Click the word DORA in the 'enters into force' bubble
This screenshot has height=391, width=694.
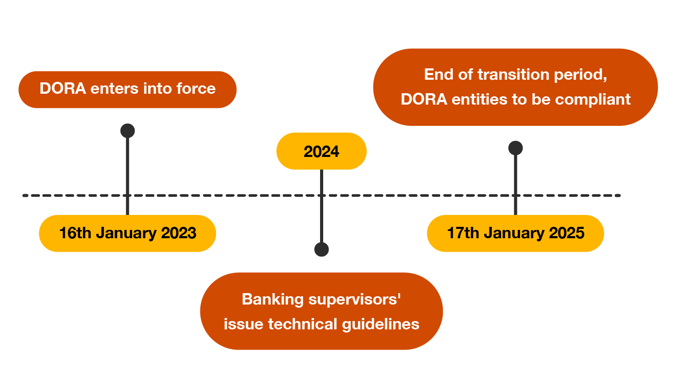(x=63, y=89)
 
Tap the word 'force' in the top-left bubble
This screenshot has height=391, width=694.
(x=196, y=89)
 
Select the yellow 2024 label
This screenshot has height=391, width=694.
(x=322, y=151)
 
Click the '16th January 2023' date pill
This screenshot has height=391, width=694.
(x=127, y=233)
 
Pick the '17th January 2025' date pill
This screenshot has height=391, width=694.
(x=515, y=233)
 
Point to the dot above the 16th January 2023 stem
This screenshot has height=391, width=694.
(x=127, y=131)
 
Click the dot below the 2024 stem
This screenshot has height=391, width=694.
(x=322, y=250)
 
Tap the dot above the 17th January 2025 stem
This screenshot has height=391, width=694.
(x=515, y=148)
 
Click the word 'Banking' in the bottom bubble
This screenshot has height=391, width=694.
(x=272, y=300)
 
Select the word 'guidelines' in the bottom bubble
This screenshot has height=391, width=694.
(x=381, y=325)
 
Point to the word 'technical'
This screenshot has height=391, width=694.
(x=302, y=324)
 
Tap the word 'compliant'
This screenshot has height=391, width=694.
(x=592, y=100)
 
